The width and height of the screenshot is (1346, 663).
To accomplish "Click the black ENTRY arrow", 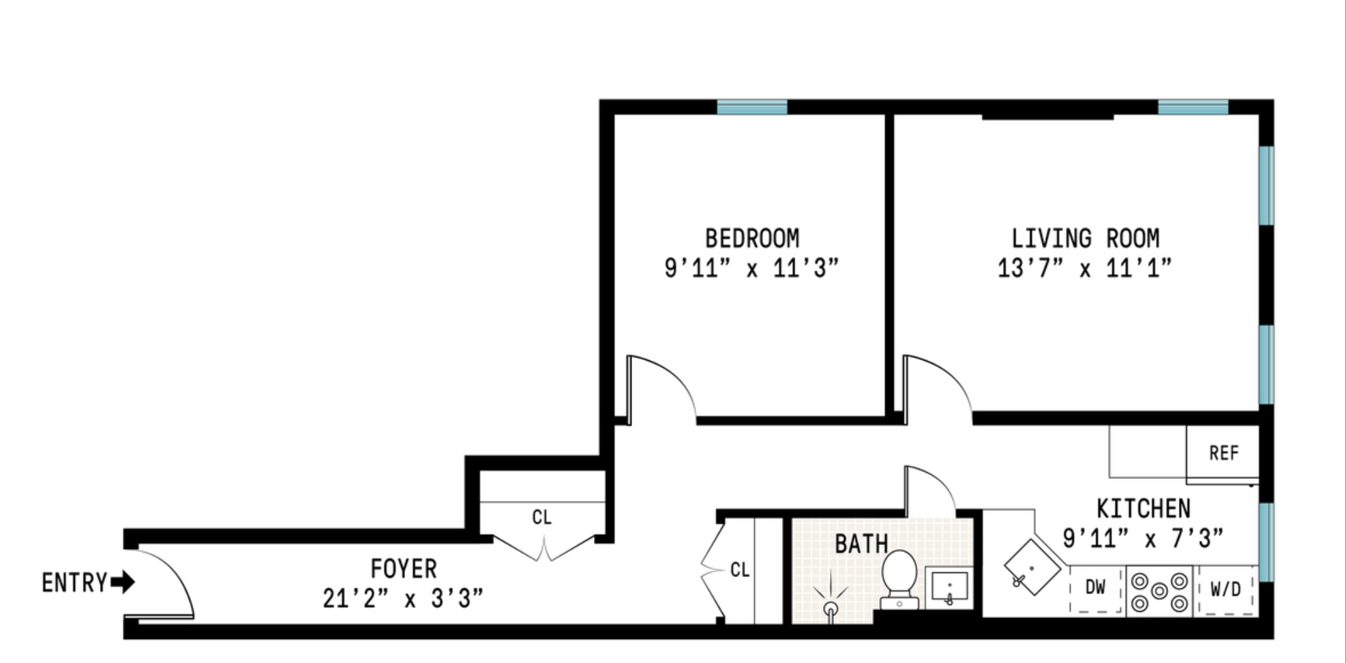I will [123, 583].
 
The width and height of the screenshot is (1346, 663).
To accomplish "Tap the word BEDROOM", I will [751, 239].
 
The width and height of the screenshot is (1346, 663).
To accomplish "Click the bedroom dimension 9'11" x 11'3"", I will [751, 268].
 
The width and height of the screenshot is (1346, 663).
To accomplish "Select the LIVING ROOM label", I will [1085, 239].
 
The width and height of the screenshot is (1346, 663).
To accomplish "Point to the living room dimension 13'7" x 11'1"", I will [1085, 268].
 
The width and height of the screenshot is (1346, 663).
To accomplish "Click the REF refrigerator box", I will [1223, 453].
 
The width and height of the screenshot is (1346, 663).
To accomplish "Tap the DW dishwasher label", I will [1095, 587].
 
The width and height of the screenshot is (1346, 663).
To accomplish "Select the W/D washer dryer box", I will [1225, 589].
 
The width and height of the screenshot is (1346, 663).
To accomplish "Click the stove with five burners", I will [1158, 591].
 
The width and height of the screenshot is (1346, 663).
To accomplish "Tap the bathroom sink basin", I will [949, 589].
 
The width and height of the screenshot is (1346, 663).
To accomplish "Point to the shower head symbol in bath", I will [831, 604].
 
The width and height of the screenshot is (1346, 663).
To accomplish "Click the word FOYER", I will [403, 568].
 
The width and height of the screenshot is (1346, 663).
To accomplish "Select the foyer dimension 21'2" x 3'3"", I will [403, 599].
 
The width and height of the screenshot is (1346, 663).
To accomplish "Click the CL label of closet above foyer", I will [541, 518].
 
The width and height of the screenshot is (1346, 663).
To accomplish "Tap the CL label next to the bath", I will [740, 570].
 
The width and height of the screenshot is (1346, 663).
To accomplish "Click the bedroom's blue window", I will [751, 107].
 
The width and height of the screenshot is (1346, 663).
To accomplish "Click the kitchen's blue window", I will [1266, 542].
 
